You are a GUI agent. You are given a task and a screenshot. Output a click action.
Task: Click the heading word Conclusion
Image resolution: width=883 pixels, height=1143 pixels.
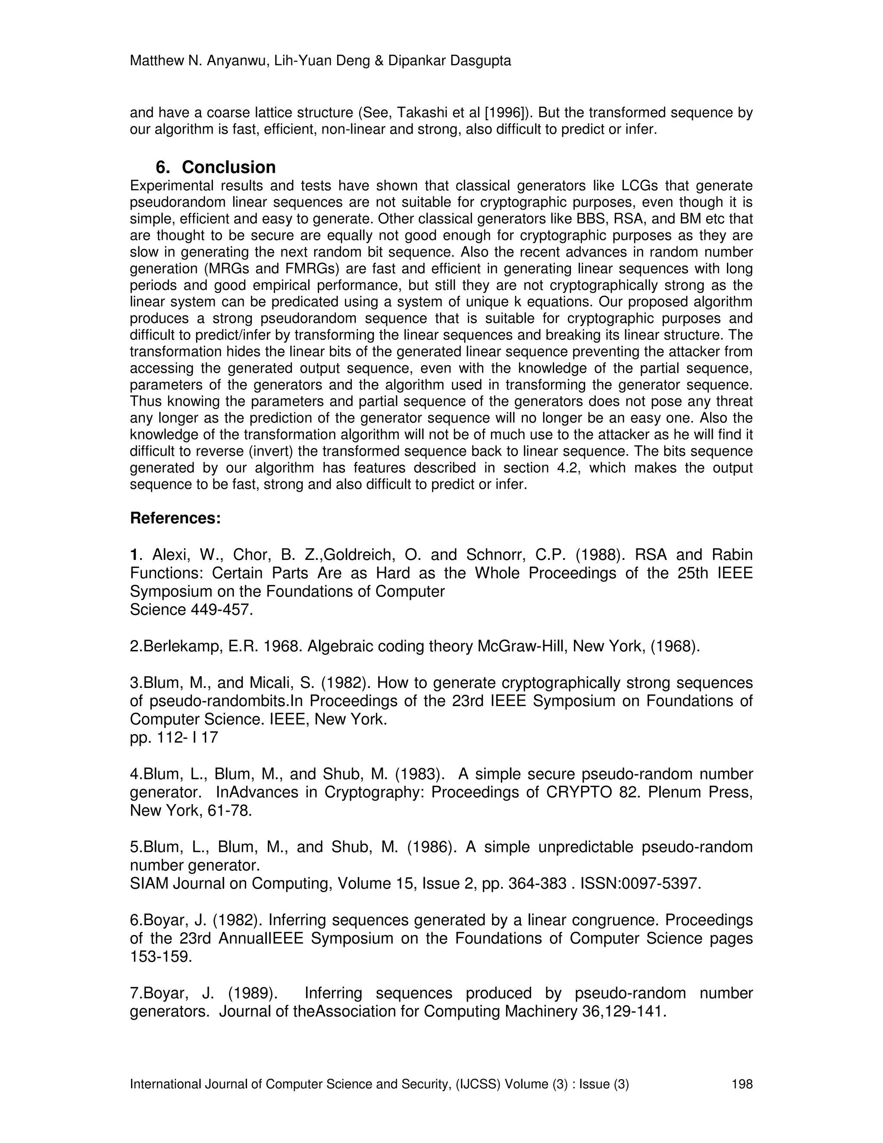229,167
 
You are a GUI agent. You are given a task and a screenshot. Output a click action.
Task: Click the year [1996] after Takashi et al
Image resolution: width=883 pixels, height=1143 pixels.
505,113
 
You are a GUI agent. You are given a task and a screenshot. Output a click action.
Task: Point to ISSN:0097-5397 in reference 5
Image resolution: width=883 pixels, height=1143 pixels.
640,883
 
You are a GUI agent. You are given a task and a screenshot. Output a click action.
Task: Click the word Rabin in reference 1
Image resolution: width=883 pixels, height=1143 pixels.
733,555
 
